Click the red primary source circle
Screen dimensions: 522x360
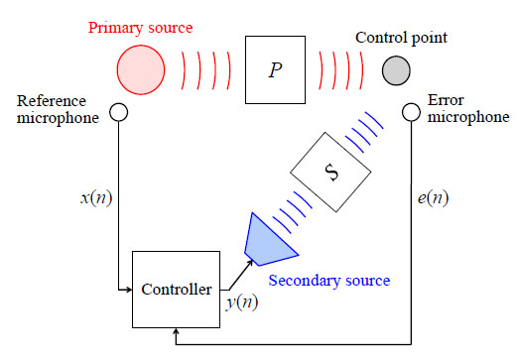point(141,69)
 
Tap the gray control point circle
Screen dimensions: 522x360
point(396,70)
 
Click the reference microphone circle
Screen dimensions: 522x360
point(118,112)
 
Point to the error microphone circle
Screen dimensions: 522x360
point(411,112)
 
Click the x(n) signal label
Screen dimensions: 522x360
point(96,198)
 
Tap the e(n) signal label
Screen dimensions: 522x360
point(433,198)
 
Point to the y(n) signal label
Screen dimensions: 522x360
point(242,302)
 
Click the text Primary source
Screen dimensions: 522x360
point(141,28)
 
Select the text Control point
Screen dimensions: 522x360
point(401,38)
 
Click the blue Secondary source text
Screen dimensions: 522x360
point(329,281)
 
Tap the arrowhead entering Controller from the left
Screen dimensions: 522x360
point(129,290)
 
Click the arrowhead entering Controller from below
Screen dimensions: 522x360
point(176,331)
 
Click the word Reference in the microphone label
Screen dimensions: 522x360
point(52,101)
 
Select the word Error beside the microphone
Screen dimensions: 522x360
point(446,100)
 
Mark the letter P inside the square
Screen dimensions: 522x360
point(275,70)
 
